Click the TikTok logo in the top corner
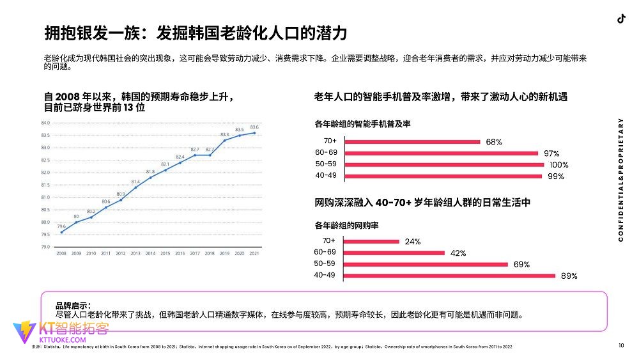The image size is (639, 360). click(620, 19)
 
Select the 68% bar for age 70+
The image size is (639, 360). click(412, 142)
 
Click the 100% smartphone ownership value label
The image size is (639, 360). click(558, 165)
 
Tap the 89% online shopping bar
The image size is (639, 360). click(450, 276)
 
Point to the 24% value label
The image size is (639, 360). click(412, 242)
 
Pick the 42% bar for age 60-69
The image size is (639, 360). click(394, 253)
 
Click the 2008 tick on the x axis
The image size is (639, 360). click(61, 254)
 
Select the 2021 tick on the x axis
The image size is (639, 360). click(254, 254)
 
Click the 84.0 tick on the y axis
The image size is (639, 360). click(45, 123)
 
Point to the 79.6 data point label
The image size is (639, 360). click(61, 226)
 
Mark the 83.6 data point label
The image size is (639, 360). click(254, 127)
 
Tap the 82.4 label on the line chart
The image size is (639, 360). click(180, 157)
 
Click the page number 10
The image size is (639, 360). click(621, 346)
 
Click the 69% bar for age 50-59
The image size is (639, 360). click(426, 264)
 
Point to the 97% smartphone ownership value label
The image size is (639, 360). click(551, 153)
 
